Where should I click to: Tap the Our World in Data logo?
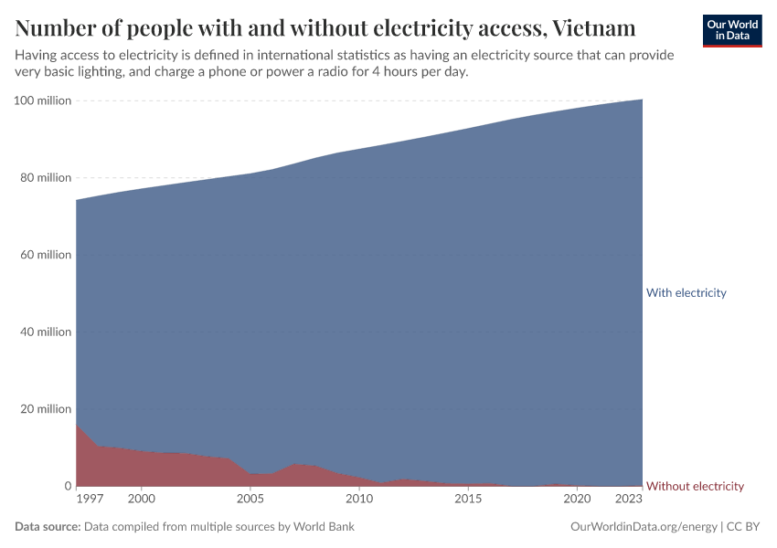click(x=732, y=30)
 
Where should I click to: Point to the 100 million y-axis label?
click(x=43, y=100)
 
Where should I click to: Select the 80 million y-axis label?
click(x=46, y=178)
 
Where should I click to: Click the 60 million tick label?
click(x=46, y=255)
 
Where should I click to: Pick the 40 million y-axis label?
click(x=46, y=332)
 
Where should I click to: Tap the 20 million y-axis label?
click(x=46, y=409)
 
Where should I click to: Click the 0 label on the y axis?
click(x=67, y=486)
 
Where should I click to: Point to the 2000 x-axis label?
click(x=141, y=500)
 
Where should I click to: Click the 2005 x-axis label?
click(x=250, y=500)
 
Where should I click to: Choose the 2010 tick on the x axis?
click(x=359, y=500)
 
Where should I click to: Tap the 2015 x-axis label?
click(x=468, y=500)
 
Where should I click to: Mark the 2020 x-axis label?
click(x=577, y=500)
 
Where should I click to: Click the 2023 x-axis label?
click(x=629, y=500)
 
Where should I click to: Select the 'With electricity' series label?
click(x=686, y=293)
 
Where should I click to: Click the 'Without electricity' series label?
click(x=695, y=486)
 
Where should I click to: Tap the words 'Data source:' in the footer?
click(x=48, y=527)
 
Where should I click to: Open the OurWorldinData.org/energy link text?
click(x=643, y=527)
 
